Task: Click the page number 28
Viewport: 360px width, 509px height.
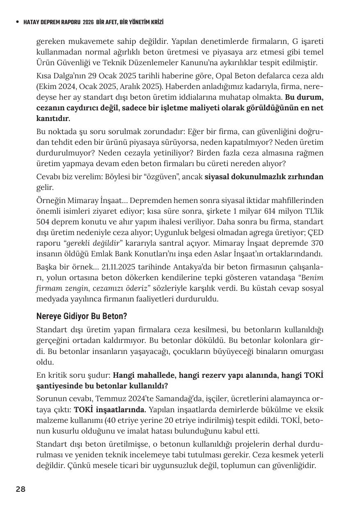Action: point(21,489)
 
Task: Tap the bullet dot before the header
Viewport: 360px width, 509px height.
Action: point(17,22)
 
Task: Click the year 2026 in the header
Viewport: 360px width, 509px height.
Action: point(88,22)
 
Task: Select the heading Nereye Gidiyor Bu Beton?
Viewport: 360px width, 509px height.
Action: point(82,316)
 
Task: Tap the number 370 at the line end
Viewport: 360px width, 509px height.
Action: point(315,243)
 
